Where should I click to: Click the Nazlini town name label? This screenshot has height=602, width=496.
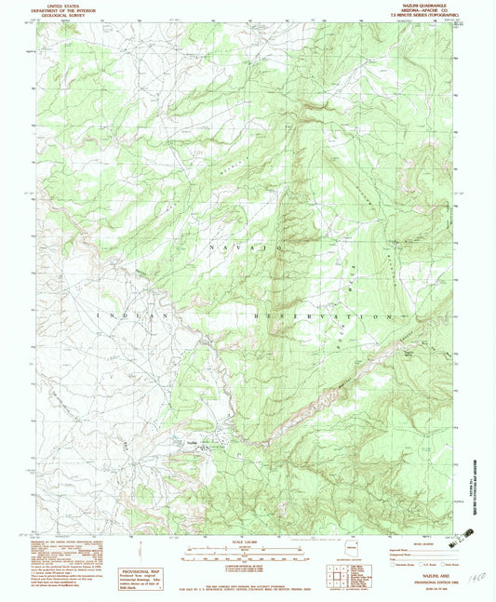pos(193,442)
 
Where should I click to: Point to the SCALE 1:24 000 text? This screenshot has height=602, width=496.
pos(247,542)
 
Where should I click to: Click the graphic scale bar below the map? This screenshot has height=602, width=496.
pos(247,552)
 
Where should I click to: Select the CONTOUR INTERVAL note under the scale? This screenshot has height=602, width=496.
pos(247,562)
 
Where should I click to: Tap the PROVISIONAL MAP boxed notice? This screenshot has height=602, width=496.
pos(140,575)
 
